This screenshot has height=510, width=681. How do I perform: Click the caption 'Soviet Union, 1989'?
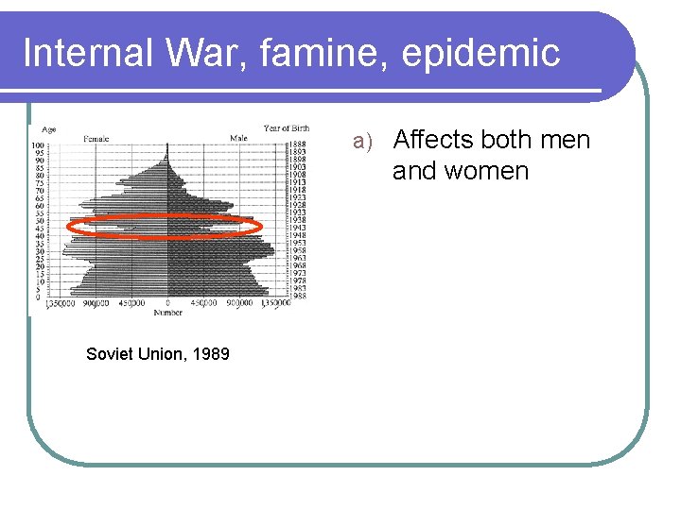[157, 354]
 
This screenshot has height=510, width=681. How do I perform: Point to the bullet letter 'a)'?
[364, 142]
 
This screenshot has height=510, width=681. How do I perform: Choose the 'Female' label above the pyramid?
[96, 138]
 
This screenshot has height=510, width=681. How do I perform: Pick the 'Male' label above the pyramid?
[239, 138]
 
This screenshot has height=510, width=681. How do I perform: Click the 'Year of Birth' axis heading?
[286, 128]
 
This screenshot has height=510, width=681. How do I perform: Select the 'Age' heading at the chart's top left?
[48, 129]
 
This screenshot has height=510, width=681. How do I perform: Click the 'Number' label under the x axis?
[168, 312]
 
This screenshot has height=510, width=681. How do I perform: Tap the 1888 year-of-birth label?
[297, 144]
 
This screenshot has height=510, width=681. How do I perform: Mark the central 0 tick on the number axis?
[167, 303]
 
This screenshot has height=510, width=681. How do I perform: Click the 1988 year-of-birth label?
[297, 297]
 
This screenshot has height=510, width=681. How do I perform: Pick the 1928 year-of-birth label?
[297, 205]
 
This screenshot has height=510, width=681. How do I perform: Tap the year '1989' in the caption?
[211, 354]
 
